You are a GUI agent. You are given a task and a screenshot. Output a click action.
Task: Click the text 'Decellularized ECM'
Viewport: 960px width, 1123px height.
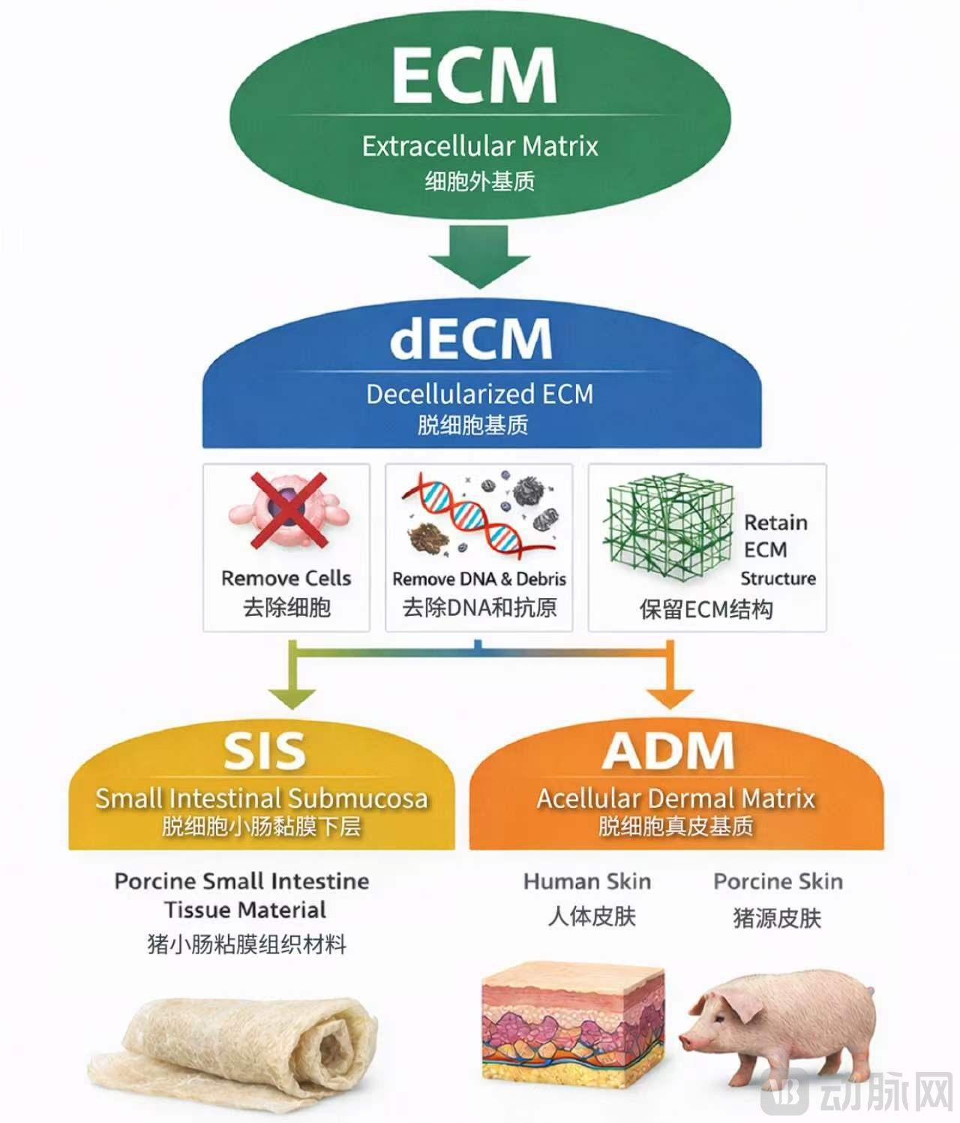point(479,395)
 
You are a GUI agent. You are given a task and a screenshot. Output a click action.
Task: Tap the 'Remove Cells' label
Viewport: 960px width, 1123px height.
point(286,578)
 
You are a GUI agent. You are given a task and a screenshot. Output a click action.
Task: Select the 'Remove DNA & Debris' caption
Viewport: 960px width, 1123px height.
point(479,579)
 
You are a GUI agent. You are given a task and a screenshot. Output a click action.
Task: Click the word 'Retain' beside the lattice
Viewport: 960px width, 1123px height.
point(775,523)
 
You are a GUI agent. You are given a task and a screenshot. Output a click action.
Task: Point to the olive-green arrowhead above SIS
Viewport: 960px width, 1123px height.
point(292,697)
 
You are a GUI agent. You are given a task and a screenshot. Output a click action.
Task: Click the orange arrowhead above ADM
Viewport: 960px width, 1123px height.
point(670,697)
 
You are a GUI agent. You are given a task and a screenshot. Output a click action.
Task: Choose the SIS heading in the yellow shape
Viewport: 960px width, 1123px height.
point(264,751)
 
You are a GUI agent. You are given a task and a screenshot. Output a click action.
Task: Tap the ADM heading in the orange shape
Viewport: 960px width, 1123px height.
point(668,750)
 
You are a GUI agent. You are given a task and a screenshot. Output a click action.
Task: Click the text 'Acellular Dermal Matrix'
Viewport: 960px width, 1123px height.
point(675,799)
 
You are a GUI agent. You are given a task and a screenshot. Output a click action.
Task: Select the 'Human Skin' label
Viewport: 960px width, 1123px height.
point(587,881)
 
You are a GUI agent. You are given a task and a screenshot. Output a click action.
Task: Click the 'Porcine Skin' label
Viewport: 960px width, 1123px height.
point(778,881)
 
